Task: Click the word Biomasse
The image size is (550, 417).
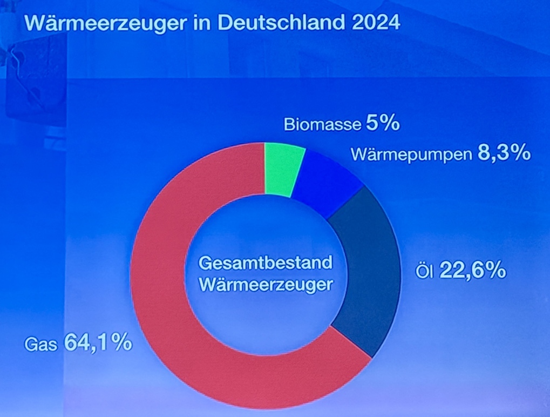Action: click(x=322, y=125)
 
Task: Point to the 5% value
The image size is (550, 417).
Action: click(x=382, y=124)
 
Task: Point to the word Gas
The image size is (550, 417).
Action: click(x=41, y=344)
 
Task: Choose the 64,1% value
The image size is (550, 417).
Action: click(x=98, y=343)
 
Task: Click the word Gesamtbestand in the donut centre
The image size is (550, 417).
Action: click(x=264, y=264)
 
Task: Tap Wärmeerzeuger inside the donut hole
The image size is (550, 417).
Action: click(x=264, y=285)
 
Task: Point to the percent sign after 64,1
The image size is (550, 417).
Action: click(x=121, y=343)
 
